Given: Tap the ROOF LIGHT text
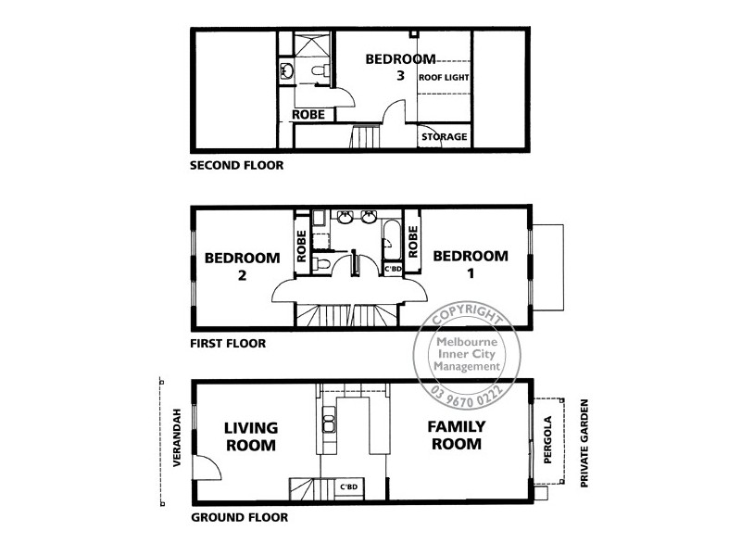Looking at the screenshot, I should click(x=445, y=79).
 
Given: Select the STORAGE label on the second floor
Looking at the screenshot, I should click(x=445, y=137).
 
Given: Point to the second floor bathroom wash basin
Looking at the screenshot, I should click(x=286, y=70).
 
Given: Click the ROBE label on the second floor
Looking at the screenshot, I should click(x=308, y=116).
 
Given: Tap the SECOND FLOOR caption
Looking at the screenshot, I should click(x=236, y=167).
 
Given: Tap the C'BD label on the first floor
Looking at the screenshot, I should click(x=393, y=269).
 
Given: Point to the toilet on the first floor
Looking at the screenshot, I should click(x=320, y=265).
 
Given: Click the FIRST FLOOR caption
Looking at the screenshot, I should click(x=228, y=343).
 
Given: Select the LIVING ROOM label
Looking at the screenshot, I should click(x=251, y=436).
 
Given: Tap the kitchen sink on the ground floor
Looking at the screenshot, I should click(x=328, y=422).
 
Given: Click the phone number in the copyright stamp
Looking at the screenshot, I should click(x=469, y=393).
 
